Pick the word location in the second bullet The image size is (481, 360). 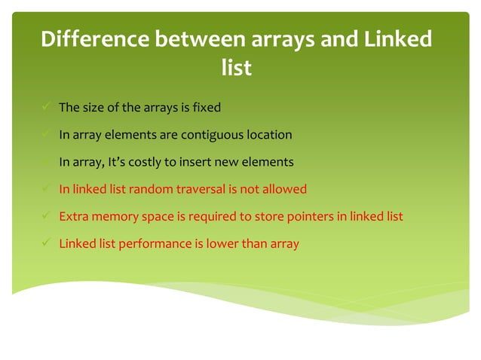tap(269, 136)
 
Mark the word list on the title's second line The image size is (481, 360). tap(236, 69)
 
